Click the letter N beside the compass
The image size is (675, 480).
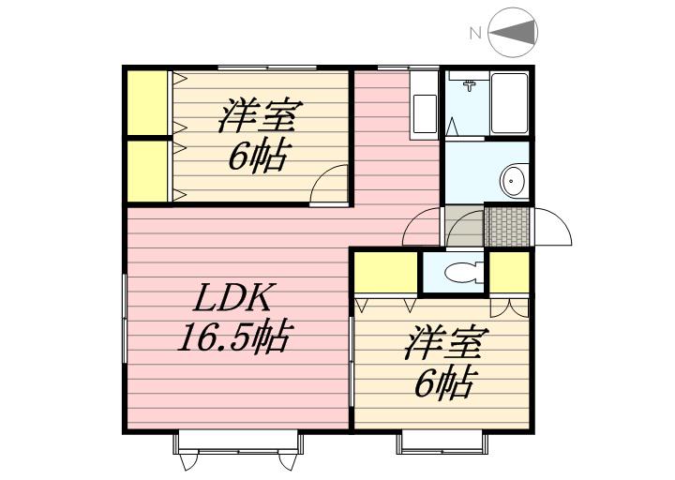point(475,34)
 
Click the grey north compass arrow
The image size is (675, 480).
point(515,33)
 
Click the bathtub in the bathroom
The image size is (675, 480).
point(509,104)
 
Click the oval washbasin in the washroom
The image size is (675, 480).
point(513,178)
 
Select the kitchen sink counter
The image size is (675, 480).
point(424,103)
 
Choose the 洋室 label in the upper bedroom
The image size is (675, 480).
point(259,119)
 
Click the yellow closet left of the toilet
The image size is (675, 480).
point(384,272)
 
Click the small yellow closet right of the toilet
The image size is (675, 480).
point(509,272)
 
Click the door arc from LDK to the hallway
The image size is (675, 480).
point(421,229)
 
